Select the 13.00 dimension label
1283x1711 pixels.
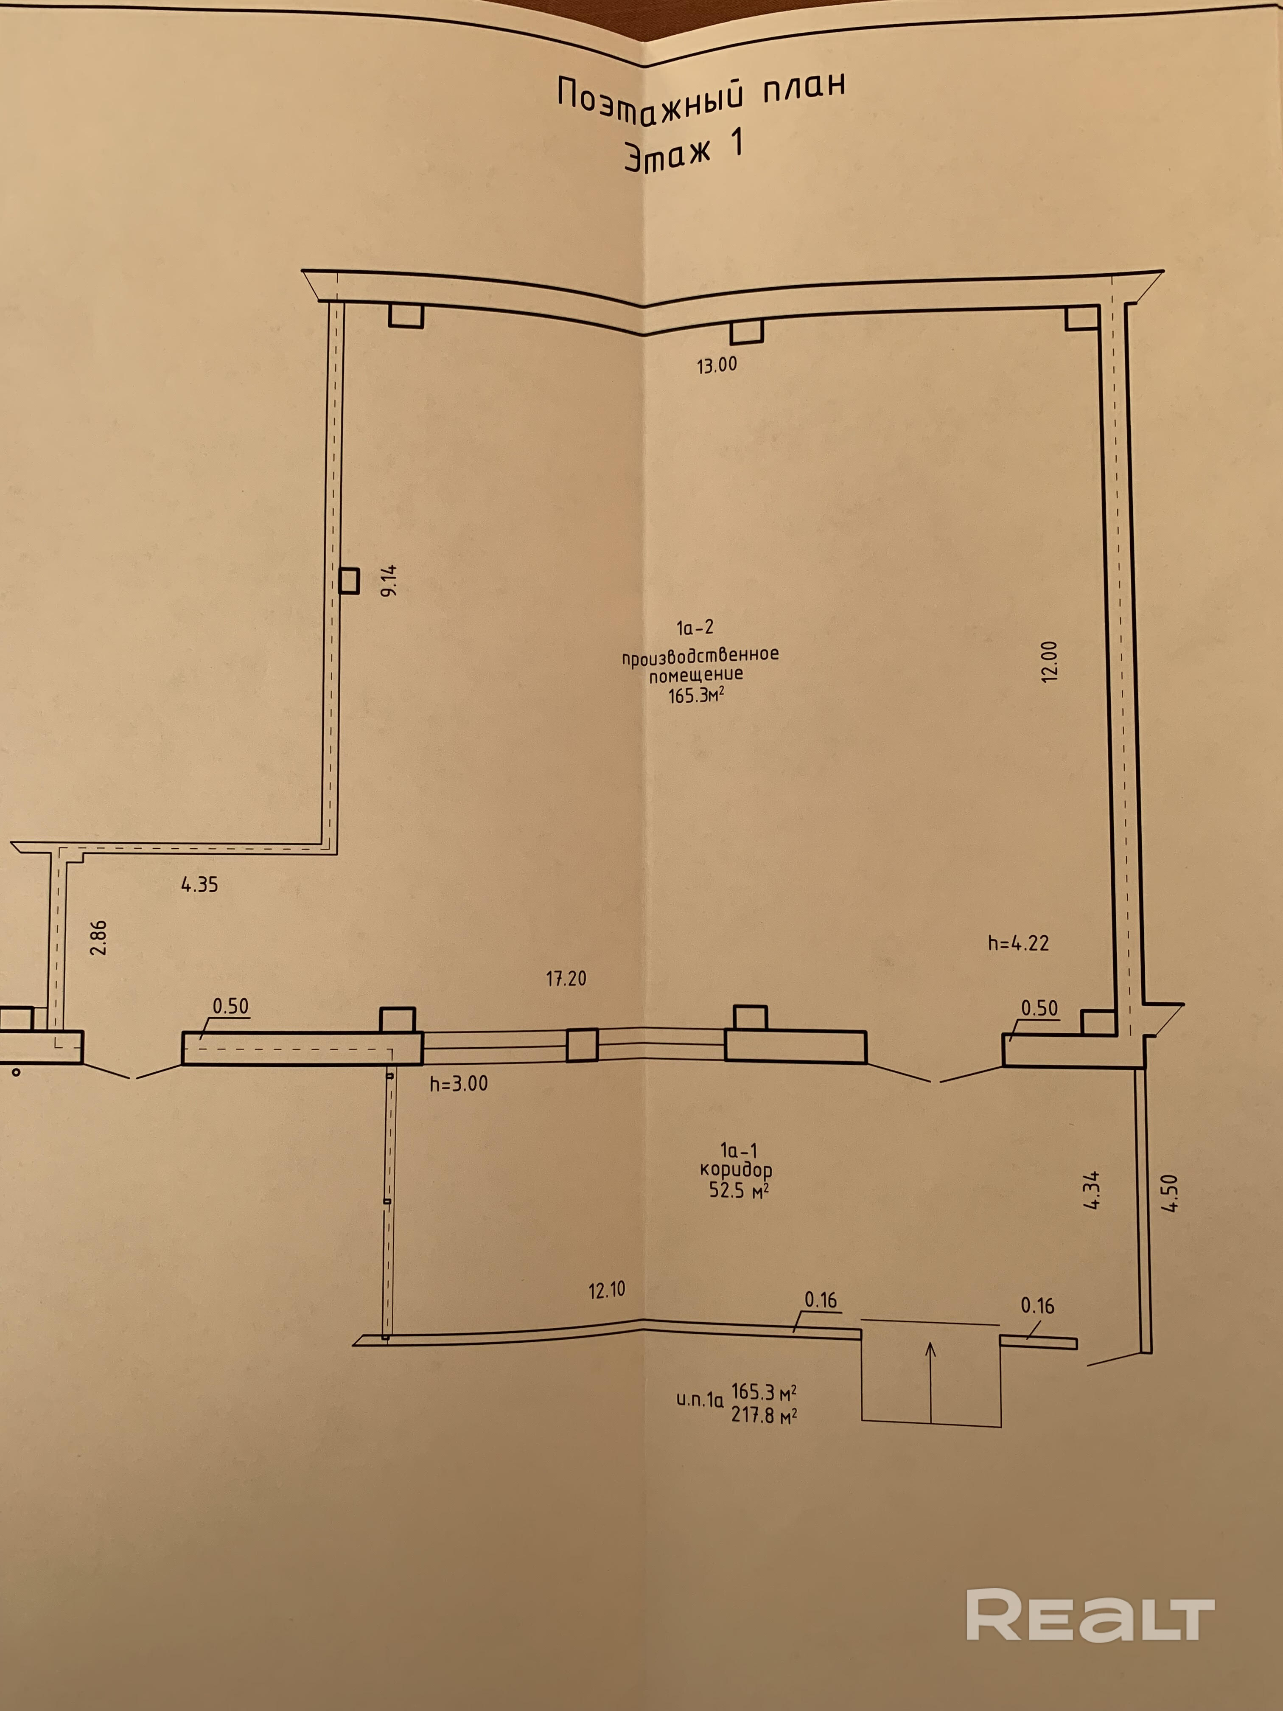717,365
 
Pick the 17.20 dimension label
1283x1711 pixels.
566,979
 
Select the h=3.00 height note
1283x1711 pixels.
459,1084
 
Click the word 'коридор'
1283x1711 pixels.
735,1170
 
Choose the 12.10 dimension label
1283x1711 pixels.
606,1290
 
